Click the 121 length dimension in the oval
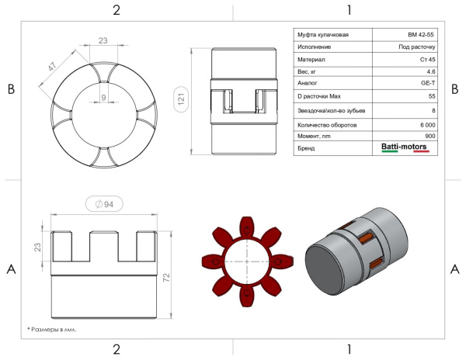[x=181, y=99]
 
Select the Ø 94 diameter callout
[x=104, y=204]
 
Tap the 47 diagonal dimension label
[x=52, y=67]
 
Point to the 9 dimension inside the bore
[x=103, y=97]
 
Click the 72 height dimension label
[x=166, y=277]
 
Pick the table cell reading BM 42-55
[x=420, y=35]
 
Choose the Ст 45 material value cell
[x=428, y=60]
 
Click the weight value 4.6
[x=431, y=71]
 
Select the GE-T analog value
[x=428, y=83]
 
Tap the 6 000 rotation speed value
[x=428, y=125]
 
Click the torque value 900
[x=430, y=136]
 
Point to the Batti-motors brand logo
[x=405, y=147]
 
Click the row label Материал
[x=311, y=60]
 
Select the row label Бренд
[x=306, y=148]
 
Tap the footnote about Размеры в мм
[x=52, y=330]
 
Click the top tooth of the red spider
[x=247, y=227]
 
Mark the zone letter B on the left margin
[x=11, y=88]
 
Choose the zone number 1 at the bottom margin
[x=349, y=350]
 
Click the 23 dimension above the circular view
[x=103, y=40]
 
